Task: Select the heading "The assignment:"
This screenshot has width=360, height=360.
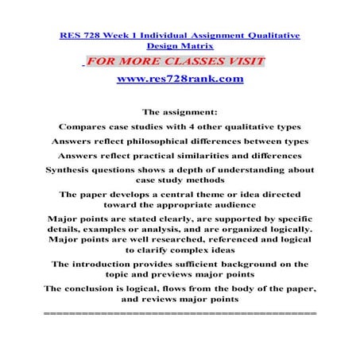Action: pos(180,111)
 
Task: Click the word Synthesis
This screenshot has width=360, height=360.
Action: pos(75,172)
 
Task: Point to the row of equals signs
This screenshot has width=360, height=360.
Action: pos(180,315)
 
